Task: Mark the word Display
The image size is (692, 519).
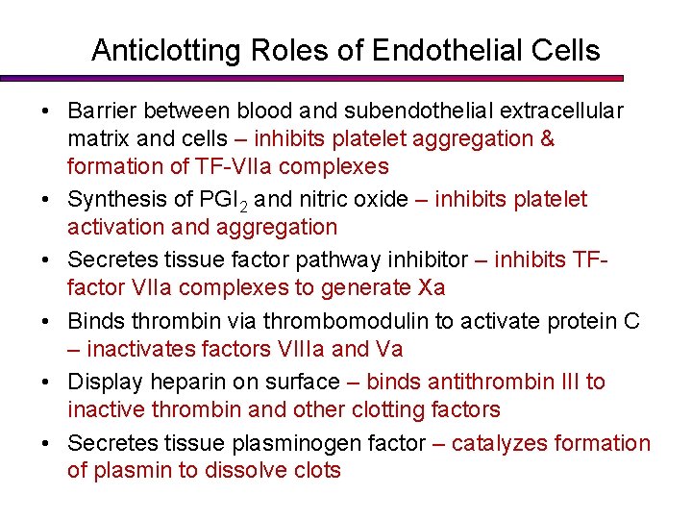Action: [x=101, y=383]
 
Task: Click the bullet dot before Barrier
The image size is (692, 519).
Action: [x=46, y=112]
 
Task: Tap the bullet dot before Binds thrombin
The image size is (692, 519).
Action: [x=46, y=322]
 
